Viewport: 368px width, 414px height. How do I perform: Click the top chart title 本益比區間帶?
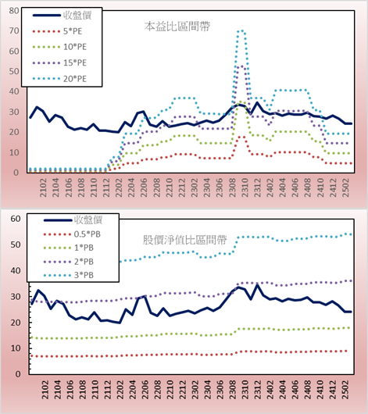177,27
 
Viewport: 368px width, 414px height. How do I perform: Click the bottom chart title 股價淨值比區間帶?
184,240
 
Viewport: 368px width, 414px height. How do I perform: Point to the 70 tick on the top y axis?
14,31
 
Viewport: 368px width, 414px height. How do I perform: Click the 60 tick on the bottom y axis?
16,219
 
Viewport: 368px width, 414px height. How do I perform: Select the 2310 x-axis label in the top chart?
245,187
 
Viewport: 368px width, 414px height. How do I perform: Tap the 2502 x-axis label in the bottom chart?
345,390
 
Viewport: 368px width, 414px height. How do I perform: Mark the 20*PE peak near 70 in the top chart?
241,31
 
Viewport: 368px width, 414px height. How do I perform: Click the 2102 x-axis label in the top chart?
43,187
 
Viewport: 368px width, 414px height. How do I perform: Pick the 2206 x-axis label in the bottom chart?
145,390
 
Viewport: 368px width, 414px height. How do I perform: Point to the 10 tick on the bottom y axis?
16,348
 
